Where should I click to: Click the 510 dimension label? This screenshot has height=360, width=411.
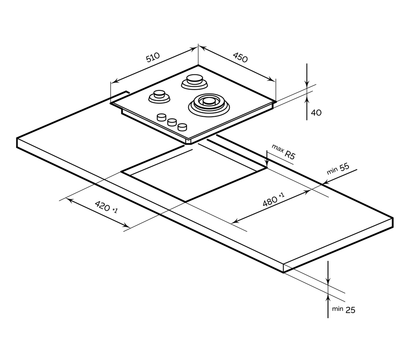(153, 58)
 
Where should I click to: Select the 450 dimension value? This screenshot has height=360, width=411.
(240, 58)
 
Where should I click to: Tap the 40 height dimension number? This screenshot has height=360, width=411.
(316, 113)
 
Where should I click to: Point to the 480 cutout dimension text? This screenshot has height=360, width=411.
(273, 200)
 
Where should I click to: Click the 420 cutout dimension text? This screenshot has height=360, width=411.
(106, 207)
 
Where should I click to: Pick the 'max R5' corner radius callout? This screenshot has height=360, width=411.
(284, 152)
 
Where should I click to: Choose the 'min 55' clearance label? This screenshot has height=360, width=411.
(338, 169)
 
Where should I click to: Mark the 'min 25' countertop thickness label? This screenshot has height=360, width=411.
(344, 310)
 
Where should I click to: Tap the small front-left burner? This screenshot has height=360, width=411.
(159, 97)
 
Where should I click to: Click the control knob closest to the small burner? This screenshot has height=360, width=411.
(162, 117)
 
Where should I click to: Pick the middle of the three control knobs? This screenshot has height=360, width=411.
(172, 122)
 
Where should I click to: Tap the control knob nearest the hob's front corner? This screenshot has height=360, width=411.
(182, 127)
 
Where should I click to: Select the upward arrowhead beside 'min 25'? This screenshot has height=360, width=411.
(328, 298)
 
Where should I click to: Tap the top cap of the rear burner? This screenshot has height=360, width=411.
(194, 78)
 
